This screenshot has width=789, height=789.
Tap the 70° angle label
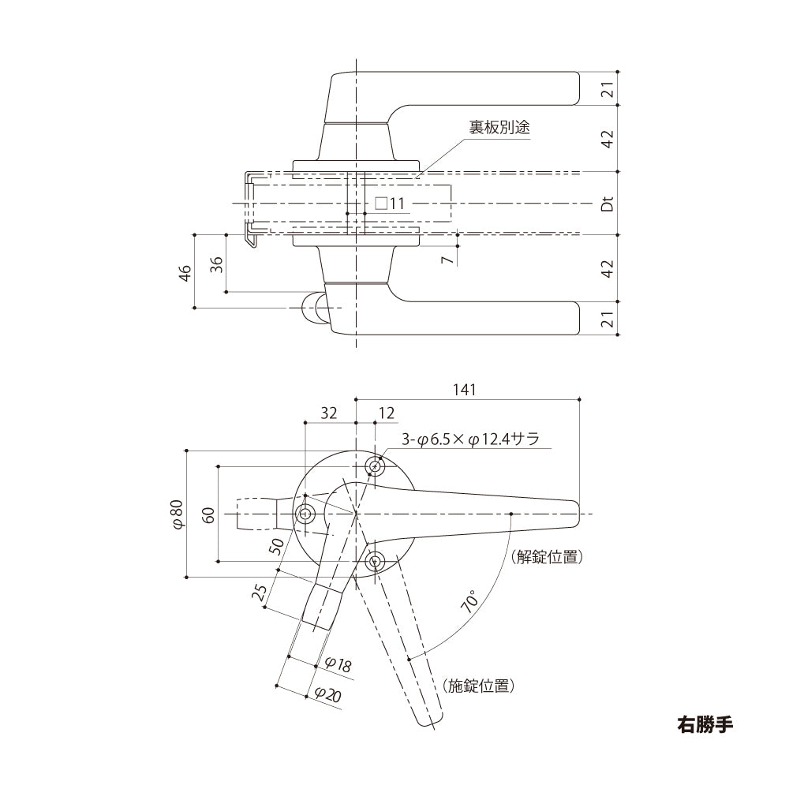point(471,602)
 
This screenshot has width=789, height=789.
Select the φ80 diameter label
point(178,514)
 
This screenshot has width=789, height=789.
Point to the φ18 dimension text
point(338,665)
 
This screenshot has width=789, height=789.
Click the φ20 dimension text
point(327,694)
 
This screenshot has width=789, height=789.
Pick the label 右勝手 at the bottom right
point(705,724)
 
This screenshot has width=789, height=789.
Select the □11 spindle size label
point(389,204)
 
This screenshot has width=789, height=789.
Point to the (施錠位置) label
point(479,686)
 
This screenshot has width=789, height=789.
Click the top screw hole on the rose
point(376,467)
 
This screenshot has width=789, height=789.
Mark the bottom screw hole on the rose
point(376,561)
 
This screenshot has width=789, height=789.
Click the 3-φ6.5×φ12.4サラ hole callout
point(470,440)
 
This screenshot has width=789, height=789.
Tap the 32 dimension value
point(330,413)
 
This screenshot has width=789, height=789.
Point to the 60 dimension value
point(209,515)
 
